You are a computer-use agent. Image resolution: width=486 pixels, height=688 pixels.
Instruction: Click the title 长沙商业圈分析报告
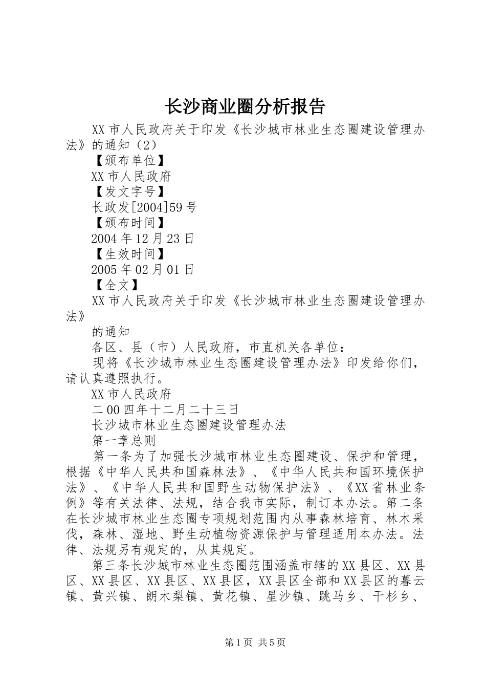[244, 106]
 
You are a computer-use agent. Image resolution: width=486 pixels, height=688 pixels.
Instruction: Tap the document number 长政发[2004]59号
[144, 207]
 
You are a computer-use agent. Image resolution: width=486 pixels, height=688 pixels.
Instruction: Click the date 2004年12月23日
[143, 238]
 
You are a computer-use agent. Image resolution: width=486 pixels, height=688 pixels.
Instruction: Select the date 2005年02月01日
[143, 269]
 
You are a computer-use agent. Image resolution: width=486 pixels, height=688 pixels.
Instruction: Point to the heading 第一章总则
[123, 440]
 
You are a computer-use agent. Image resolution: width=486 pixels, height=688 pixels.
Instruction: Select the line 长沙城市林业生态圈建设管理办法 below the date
[189, 424]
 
